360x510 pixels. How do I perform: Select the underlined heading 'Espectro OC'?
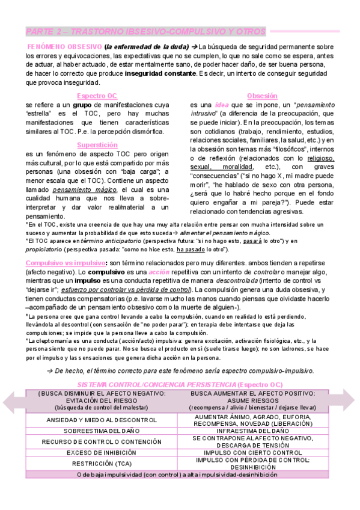(97, 96)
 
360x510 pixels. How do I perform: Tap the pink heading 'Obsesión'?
(261, 96)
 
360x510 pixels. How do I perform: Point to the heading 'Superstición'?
(97, 145)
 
